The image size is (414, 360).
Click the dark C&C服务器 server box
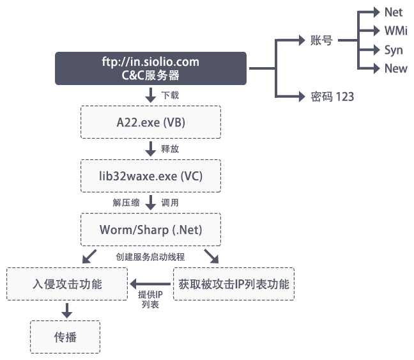pyautogui.click(x=151, y=68)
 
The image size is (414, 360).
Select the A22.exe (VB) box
pyautogui.click(x=151, y=121)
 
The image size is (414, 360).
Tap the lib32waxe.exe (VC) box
pyautogui.click(x=151, y=176)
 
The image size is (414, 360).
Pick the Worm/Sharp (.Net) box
pyautogui.click(x=151, y=230)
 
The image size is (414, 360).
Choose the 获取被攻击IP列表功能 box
pyautogui.click(x=234, y=284)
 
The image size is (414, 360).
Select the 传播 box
pyautogui.click(x=65, y=336)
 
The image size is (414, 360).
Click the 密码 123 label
pyautogui.click(x=332, y=97)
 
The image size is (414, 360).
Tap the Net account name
pyautogui.click(x=394, y=12)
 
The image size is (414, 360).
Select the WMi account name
pyautogui.click(x=395, y=31)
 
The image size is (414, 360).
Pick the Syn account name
pyautogui.click(x=394, y=50)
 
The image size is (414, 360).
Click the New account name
pyautogui.click(x=395, y=68)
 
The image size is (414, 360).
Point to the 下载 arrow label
pyautogui.click(x=170, y=95)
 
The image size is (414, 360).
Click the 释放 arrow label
pyautogui.click(x=170, y=149)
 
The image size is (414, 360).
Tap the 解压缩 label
pyautogui.click(x=125, y=203)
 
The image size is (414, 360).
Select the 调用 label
pyautogui.click(x=170, y=203)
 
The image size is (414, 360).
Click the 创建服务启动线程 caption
pyautogui.click(x=150, y=256)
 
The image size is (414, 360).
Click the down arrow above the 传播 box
pyautogui.click(x=65, y=311)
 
